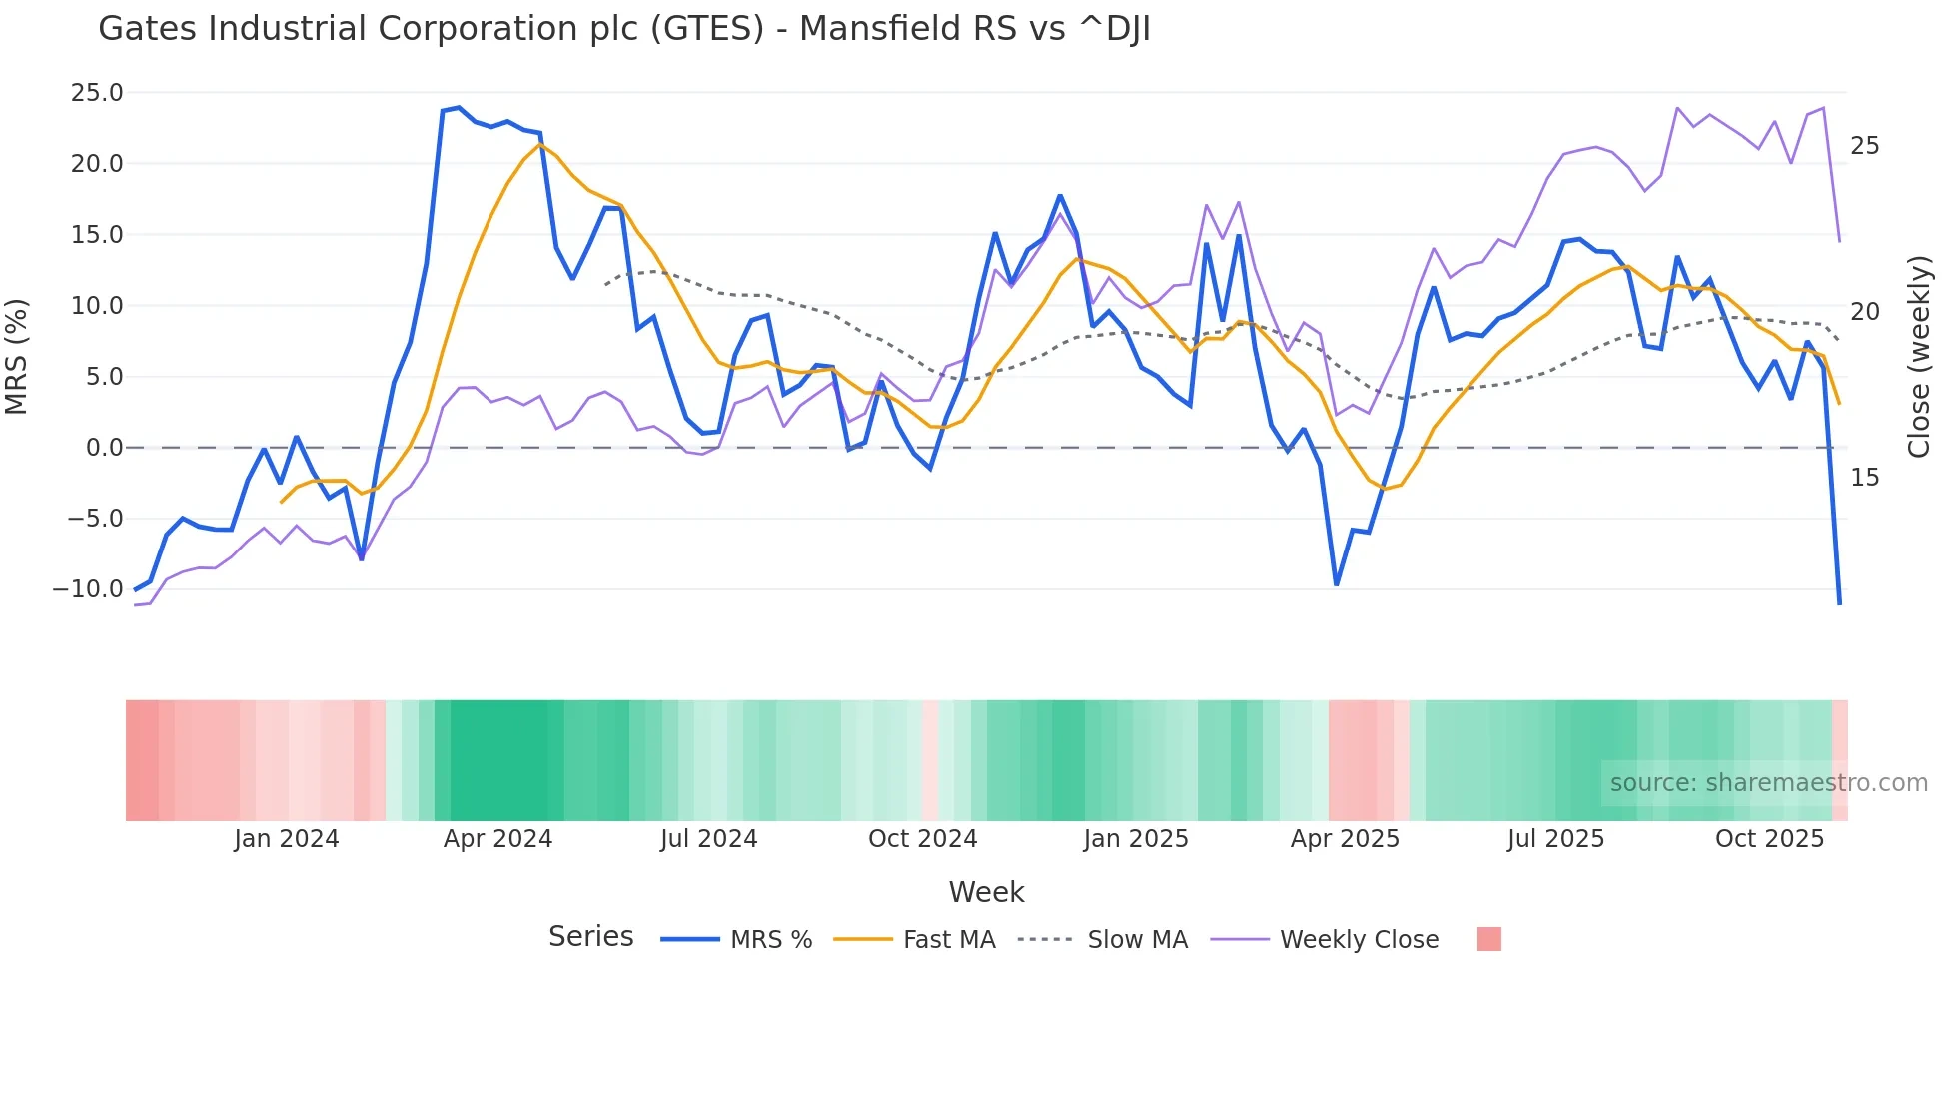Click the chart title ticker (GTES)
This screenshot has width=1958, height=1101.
707,29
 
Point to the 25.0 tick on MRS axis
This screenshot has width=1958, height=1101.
97,93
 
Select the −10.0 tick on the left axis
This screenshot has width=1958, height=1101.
88,589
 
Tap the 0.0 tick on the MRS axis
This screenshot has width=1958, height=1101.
104,448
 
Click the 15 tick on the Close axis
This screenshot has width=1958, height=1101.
1864,478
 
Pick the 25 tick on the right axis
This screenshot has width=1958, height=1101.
1864,146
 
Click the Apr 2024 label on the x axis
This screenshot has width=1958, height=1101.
497,839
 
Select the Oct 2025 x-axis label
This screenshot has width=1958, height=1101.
1769,839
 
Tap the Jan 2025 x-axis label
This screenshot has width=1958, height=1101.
1136,839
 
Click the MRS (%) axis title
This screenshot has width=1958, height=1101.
17,356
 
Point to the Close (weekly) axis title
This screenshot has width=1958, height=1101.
1919,356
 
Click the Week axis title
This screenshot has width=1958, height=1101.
986,892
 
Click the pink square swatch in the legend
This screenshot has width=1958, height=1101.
1488,939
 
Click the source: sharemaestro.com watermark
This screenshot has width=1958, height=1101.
1768,783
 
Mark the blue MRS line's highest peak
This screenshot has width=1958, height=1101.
459,107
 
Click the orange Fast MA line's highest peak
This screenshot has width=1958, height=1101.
539,144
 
